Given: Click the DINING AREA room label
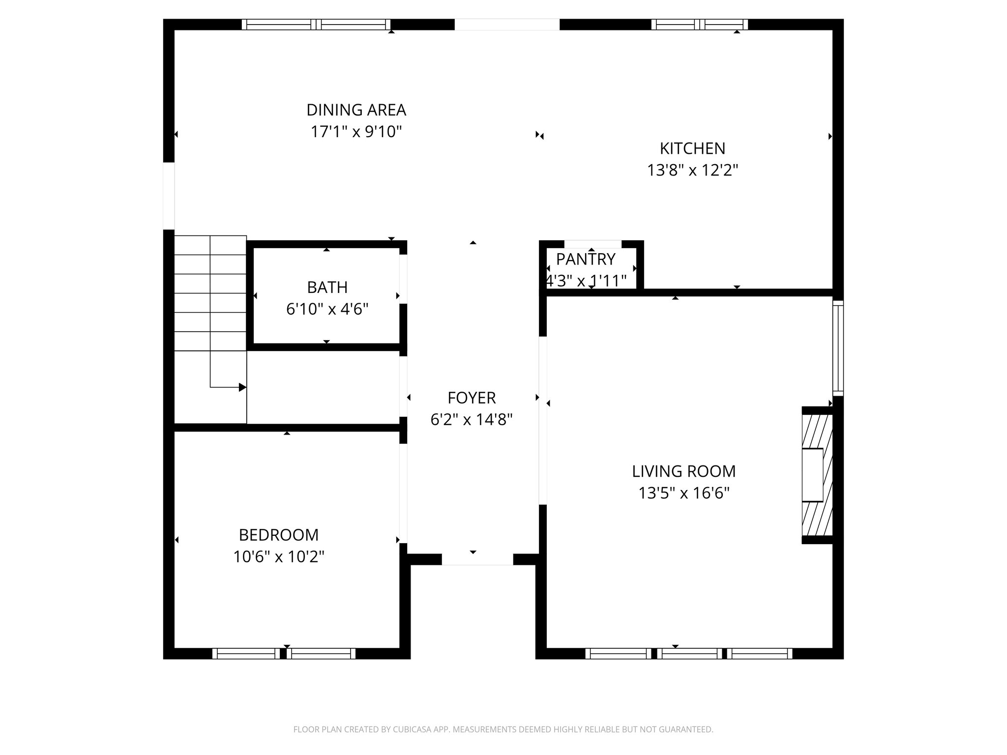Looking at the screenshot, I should (x=356, y=110).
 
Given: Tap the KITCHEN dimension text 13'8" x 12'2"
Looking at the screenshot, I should (x=692, y=171).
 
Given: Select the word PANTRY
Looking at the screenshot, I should (x=586, y=259).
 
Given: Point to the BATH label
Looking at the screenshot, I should (x=327, y=287).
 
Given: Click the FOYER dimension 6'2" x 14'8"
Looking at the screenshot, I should (x=472, y=420).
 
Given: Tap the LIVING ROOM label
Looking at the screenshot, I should (x=683, y=471).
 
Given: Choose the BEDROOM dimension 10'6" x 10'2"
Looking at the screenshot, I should (x=279, y=557).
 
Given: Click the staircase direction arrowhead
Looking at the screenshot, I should (x=242, y=387).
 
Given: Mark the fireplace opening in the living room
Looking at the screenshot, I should (x=812, y=475).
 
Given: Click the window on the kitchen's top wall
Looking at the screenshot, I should (x=699, y=25).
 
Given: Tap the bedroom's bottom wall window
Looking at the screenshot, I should (x=284, y=653).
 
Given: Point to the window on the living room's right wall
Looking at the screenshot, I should (x=838, y=348).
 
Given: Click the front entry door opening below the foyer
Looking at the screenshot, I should (x=477, y=559).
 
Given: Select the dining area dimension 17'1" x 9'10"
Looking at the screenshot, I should (x=356, y=132).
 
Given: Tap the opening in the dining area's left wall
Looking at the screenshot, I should (x=169, y=196).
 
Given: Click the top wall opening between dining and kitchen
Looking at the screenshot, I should (x=507, y=25).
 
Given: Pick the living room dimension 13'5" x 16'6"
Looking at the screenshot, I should (x=683, y=493).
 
